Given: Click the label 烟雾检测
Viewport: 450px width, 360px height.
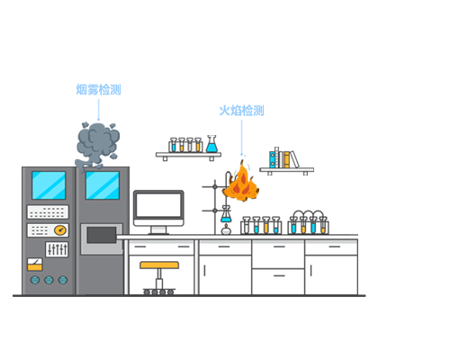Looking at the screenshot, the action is (98, 90).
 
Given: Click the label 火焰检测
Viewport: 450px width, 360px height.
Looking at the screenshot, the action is (241, 111).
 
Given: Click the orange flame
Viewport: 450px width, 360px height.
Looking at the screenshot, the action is (241, 183).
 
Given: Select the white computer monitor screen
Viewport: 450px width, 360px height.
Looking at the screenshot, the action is (158, 205).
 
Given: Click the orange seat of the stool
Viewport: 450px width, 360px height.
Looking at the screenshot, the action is (159, 265).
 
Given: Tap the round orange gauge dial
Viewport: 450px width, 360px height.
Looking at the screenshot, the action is (60, 230).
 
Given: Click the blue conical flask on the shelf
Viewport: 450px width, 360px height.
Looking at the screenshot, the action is (211, 144).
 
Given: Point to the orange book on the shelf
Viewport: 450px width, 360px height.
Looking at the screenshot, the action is (286, 159).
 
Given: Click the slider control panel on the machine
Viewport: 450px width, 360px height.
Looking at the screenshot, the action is (57, 249).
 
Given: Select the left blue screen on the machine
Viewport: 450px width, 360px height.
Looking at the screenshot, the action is (49, 185).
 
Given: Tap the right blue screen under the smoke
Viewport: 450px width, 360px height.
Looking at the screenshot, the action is (103, 185).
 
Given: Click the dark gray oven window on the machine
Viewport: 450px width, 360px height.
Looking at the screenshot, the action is (102, 235).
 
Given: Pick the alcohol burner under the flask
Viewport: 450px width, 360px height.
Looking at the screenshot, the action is (226, 229).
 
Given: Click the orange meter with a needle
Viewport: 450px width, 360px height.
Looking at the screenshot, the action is (35, 265).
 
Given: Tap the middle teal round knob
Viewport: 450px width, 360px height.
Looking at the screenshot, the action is (49, 280).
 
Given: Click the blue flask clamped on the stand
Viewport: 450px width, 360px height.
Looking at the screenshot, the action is (226, 214).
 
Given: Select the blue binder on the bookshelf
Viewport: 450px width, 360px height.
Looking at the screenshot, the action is (272, 159).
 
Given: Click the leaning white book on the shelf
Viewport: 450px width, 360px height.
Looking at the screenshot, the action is (294, 159).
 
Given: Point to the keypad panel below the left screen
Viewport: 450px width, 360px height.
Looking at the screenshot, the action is (48, 212).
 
